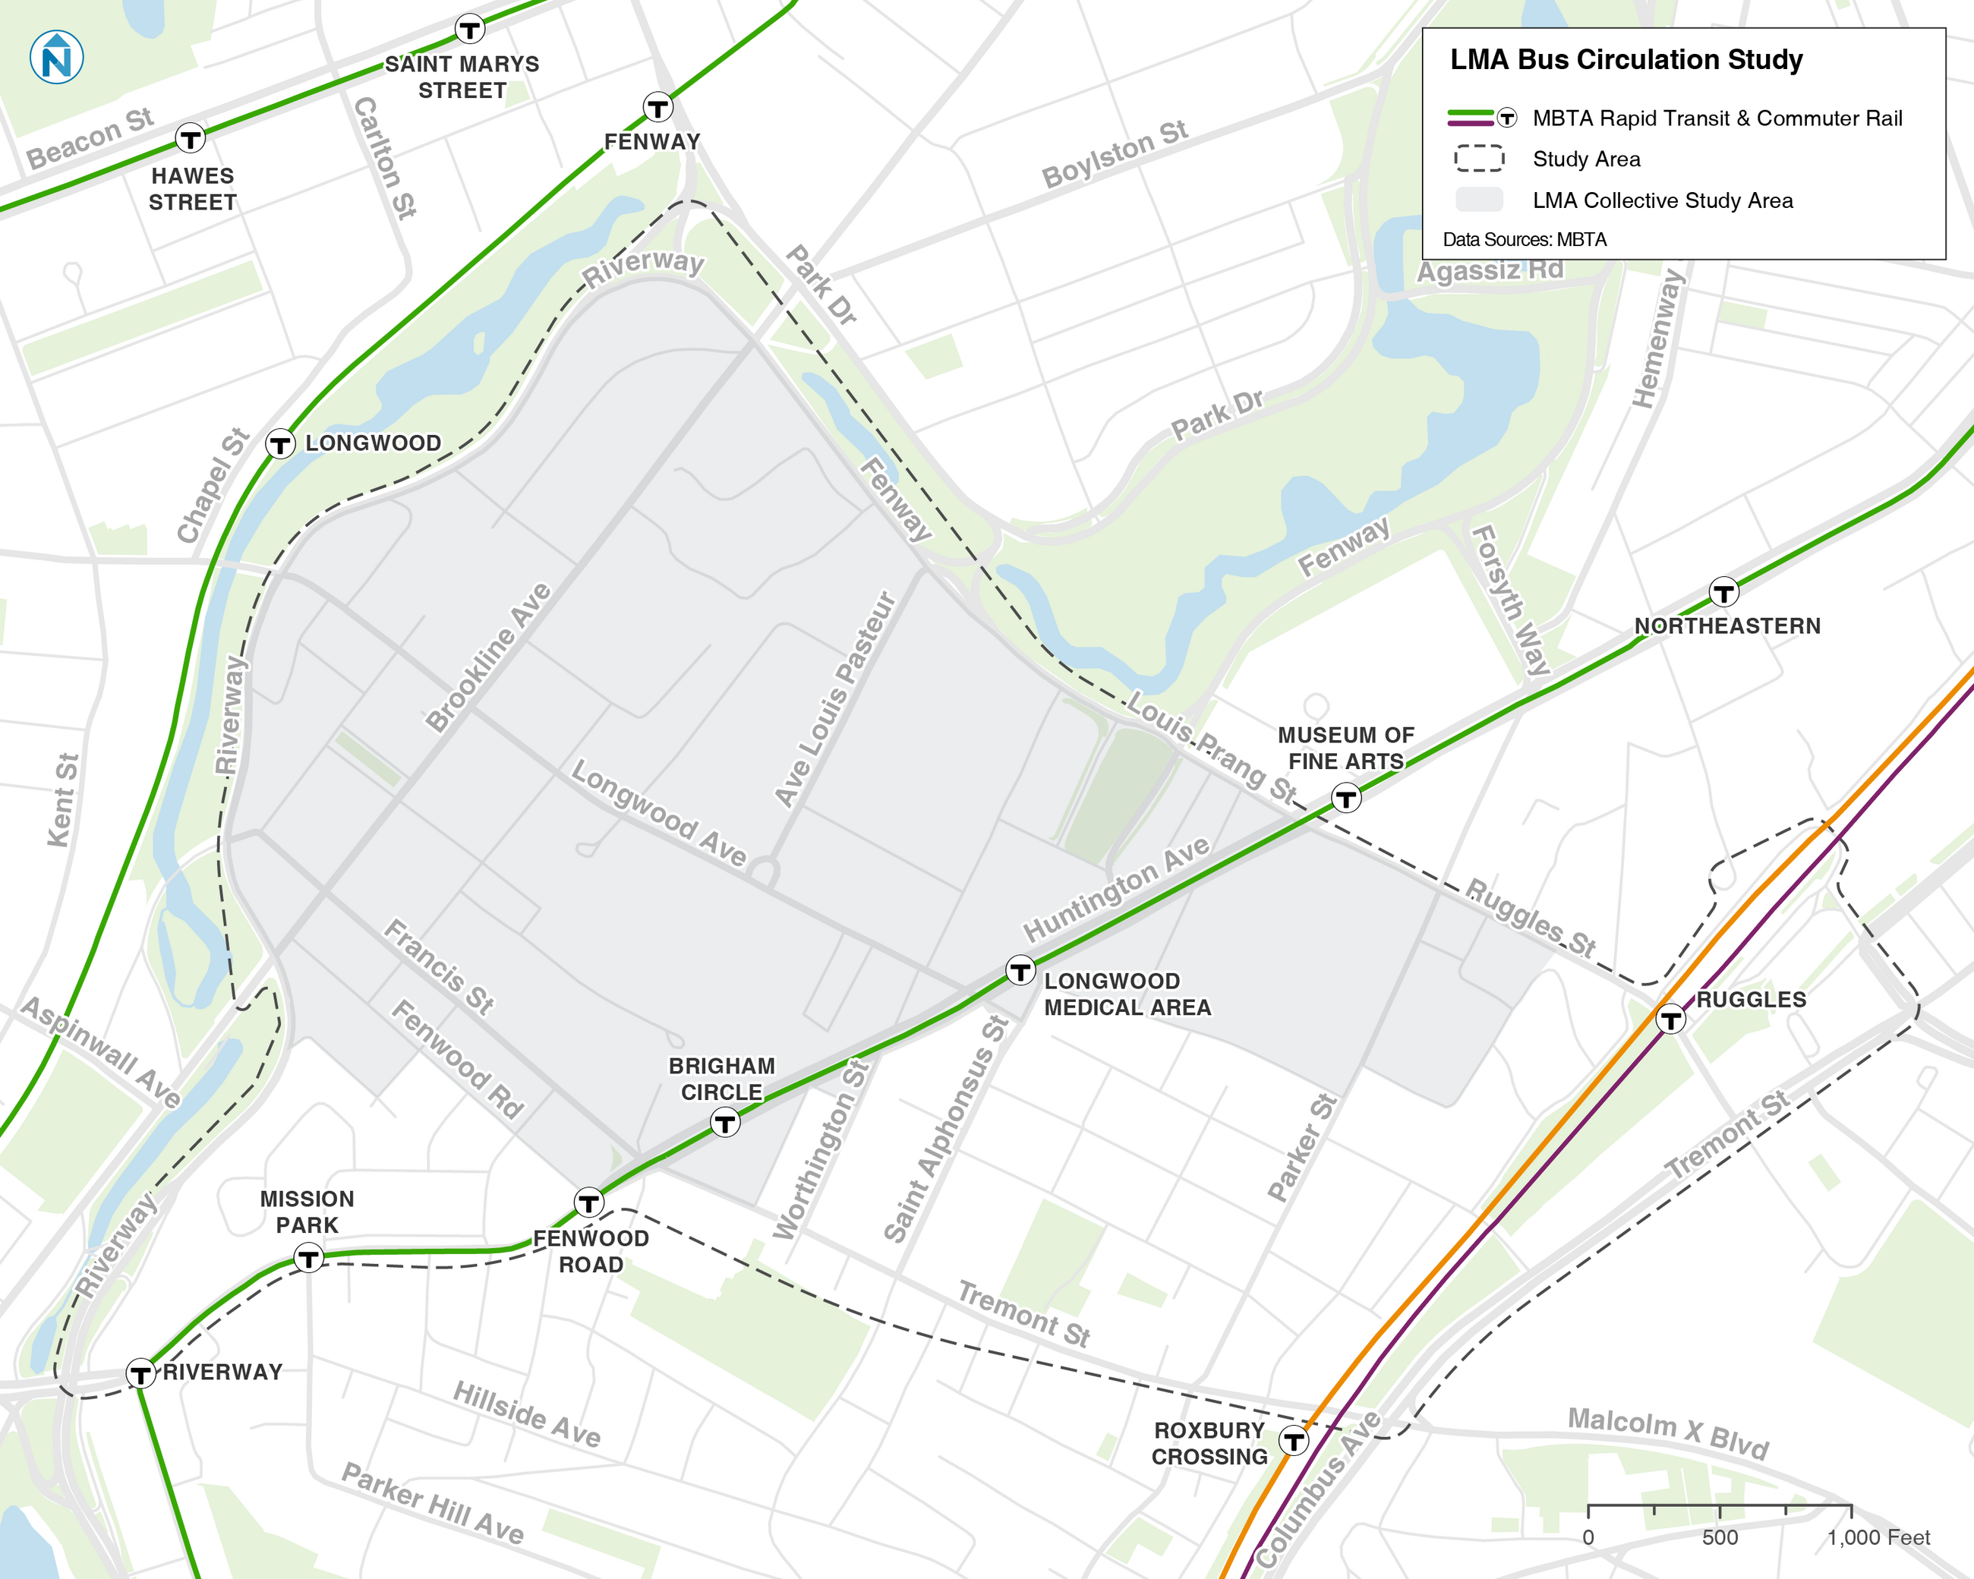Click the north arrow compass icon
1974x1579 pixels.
(x=57, y=57)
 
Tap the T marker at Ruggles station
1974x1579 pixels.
(x=1670, y=1019)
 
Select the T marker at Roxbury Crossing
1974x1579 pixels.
(x=1293, y=1442)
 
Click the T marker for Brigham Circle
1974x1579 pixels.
(x=725, y=1122)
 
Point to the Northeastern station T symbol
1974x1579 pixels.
(x=1723, y=592)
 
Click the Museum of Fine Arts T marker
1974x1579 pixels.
(x=1345, y=798)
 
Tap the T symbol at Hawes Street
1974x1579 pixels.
(x=191, y=139)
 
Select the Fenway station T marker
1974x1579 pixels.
(x=657, y=108)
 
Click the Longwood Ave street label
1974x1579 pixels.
(x=658, y=813)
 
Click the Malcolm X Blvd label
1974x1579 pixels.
(x=1667, y=1432)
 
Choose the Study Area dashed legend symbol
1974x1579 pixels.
(x=1479, y=159)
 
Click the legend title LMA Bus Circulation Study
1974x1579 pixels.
(x=1626, y=59)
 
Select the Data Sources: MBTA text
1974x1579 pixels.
(x=1525, y=239)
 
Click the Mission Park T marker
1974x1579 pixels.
(x=308, y=1259)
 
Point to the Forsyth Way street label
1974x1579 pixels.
(x=1510, y=600)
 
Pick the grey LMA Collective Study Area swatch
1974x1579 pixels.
(x=1479, y=200)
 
